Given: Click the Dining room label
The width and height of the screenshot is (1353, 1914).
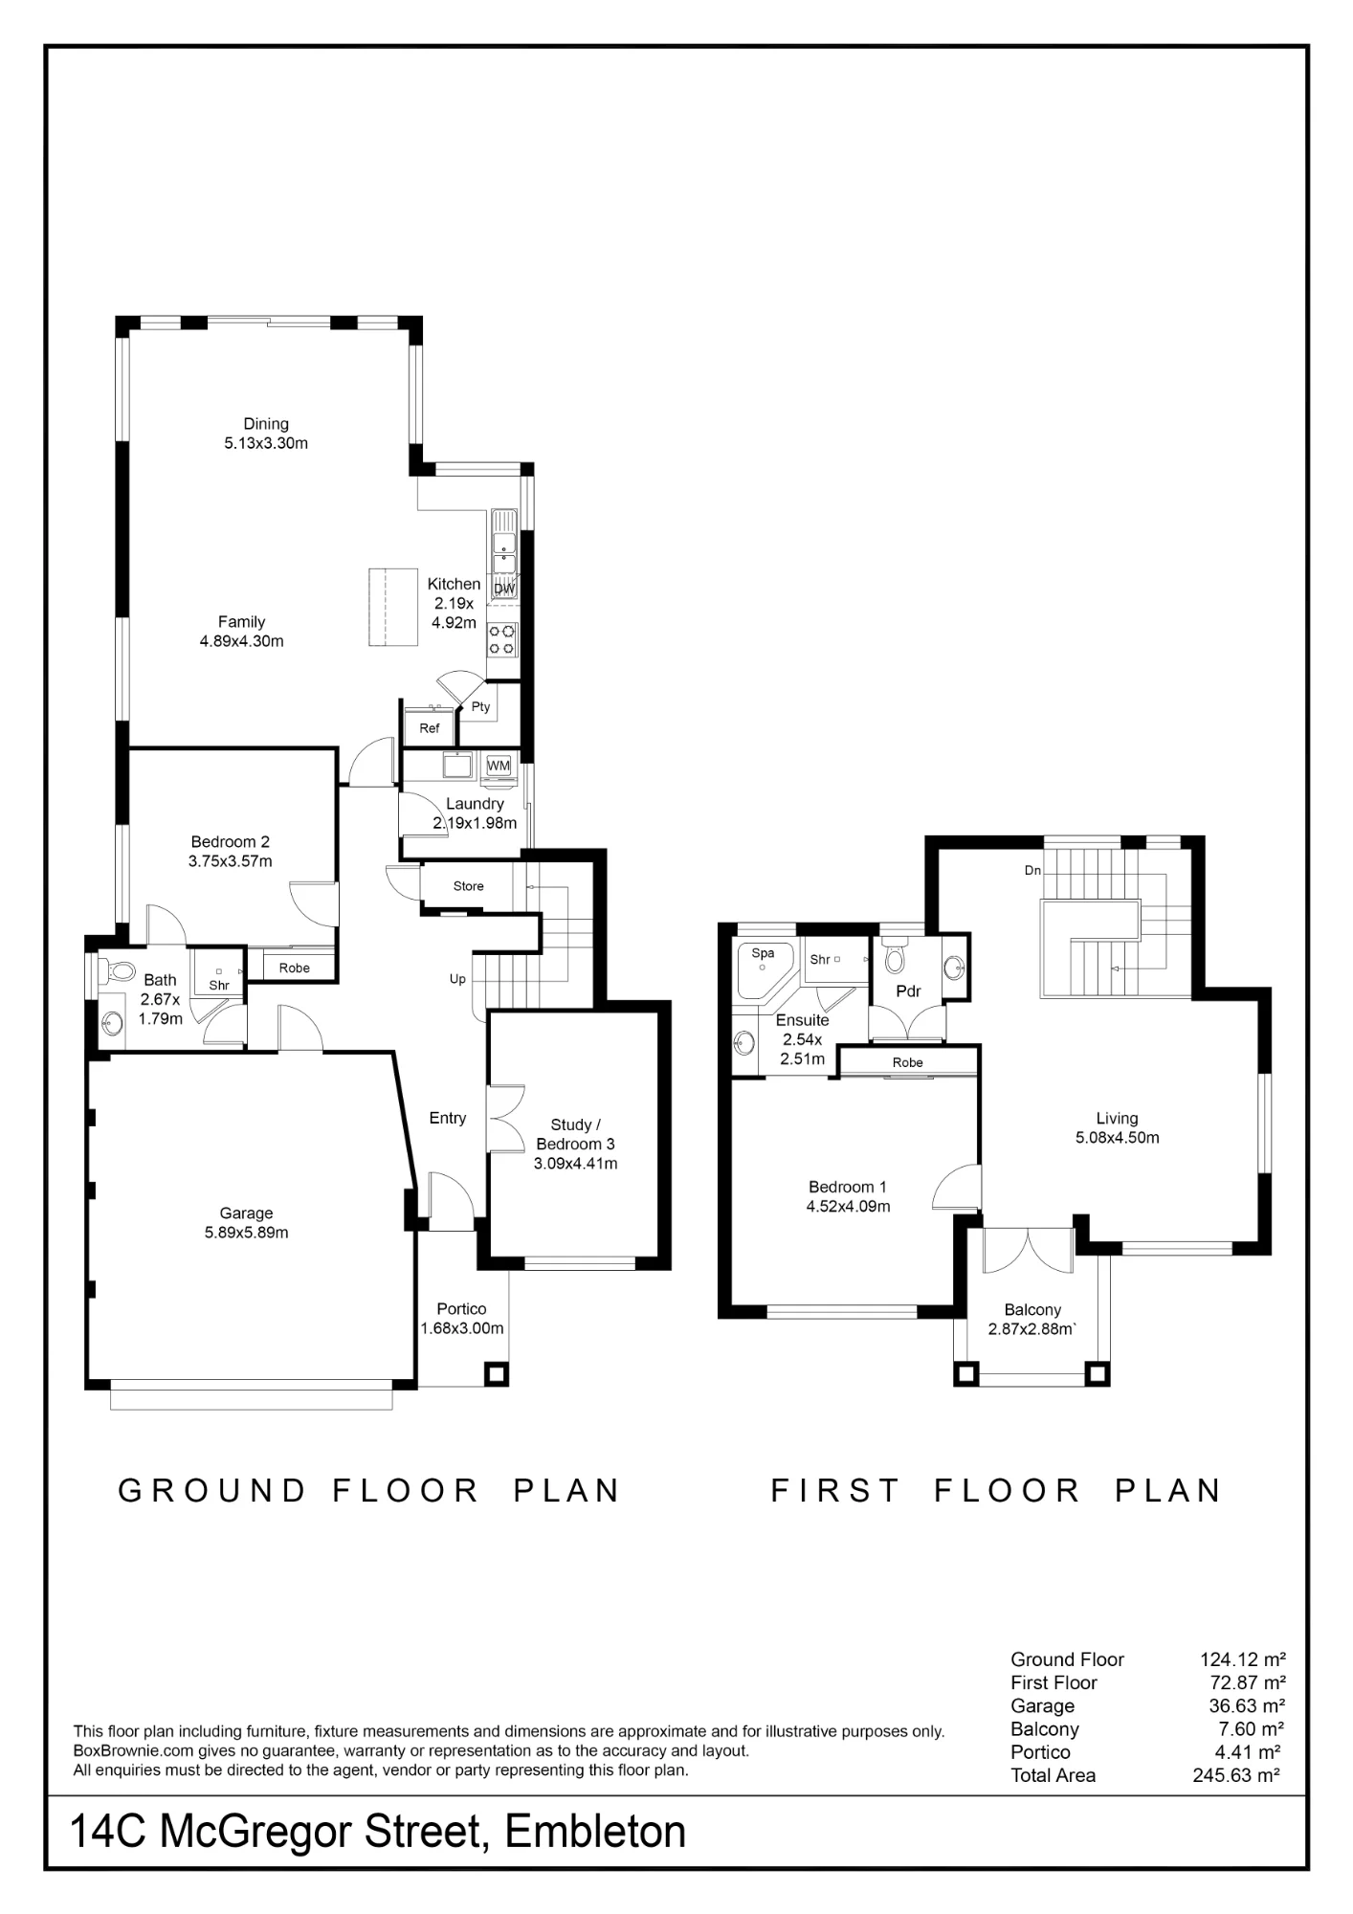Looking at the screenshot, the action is [x=266, y=424].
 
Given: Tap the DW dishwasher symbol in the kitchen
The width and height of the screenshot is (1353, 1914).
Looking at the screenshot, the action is [x=503, y=589].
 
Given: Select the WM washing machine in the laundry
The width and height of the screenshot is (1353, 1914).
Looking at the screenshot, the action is [x=499, y=767].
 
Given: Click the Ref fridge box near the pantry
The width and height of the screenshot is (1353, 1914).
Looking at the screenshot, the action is [x=430, y=728].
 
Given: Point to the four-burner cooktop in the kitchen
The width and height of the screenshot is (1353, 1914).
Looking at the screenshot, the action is [x=502, y=639].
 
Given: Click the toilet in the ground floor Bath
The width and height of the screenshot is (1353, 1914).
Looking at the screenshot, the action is [x=118, y=971].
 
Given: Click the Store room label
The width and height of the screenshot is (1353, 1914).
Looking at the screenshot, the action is [x=469, y=886].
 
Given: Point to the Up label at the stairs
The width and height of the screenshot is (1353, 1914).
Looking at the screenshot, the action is [x=458, y=979].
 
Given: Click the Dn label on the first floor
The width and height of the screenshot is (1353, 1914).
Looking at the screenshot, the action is [x=1032, y=871].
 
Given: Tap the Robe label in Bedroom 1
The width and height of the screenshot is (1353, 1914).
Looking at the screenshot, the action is [x=908, y=1062].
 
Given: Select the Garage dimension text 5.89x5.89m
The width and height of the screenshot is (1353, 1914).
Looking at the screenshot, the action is [x=246, y=1233].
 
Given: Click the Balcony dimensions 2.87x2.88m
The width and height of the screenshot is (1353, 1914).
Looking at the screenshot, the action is [x=1032, y=1329].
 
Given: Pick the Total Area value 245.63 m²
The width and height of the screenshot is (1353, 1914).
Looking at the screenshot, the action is [x=1236, y=1775].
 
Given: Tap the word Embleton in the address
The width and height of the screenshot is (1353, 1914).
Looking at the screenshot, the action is [x=595, y=1832].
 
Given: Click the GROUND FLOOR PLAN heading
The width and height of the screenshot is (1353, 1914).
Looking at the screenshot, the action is [x=369, y=1491].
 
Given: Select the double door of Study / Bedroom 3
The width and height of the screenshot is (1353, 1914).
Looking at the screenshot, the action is [x=505, y=1119].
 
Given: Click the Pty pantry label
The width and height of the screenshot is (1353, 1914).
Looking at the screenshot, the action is [x=480, y=707].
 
